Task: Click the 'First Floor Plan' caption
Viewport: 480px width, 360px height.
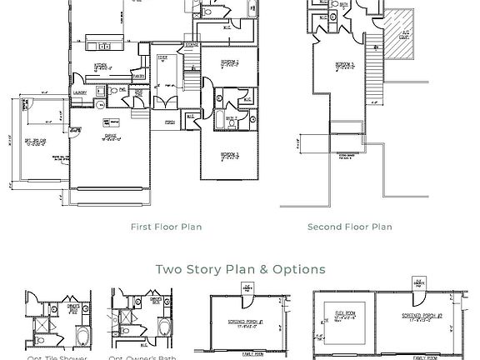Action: click(166, 227)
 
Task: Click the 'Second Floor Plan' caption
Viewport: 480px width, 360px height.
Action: click(349, 227)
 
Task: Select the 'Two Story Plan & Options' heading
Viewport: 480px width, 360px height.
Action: click(240, 269)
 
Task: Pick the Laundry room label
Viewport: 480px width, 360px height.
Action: click(81, 93)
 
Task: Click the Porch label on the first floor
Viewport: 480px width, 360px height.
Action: click(170, 121)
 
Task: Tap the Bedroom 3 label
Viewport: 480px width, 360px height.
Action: click(230, 155)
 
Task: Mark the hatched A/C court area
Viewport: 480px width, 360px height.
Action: click(403, 35)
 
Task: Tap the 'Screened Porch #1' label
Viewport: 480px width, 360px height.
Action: click(249, 320)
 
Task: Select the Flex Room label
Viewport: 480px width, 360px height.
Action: click(345, 316)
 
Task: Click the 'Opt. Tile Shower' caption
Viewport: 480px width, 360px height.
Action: click(57, 357)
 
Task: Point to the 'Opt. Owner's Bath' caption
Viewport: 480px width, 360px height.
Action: click(142, 357)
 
